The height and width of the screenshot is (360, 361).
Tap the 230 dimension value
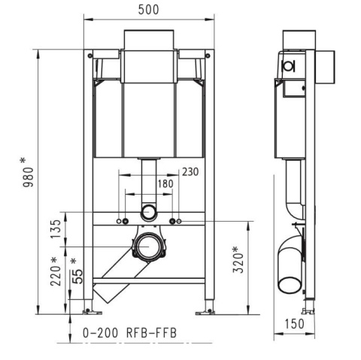tap(190, 172)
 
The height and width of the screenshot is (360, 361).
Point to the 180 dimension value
tap(165, 185)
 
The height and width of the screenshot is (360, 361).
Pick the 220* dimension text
tap(54, 272)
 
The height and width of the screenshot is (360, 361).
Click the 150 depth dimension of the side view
tap(295, 324)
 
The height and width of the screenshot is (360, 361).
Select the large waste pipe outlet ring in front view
tap(149, 247)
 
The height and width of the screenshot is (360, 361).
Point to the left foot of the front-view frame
tap(91, 308)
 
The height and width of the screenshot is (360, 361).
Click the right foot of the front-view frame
tap(206, 308)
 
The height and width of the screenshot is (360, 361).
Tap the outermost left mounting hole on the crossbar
tap(118, 222)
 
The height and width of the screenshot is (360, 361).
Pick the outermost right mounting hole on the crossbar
tap(180, 222)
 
